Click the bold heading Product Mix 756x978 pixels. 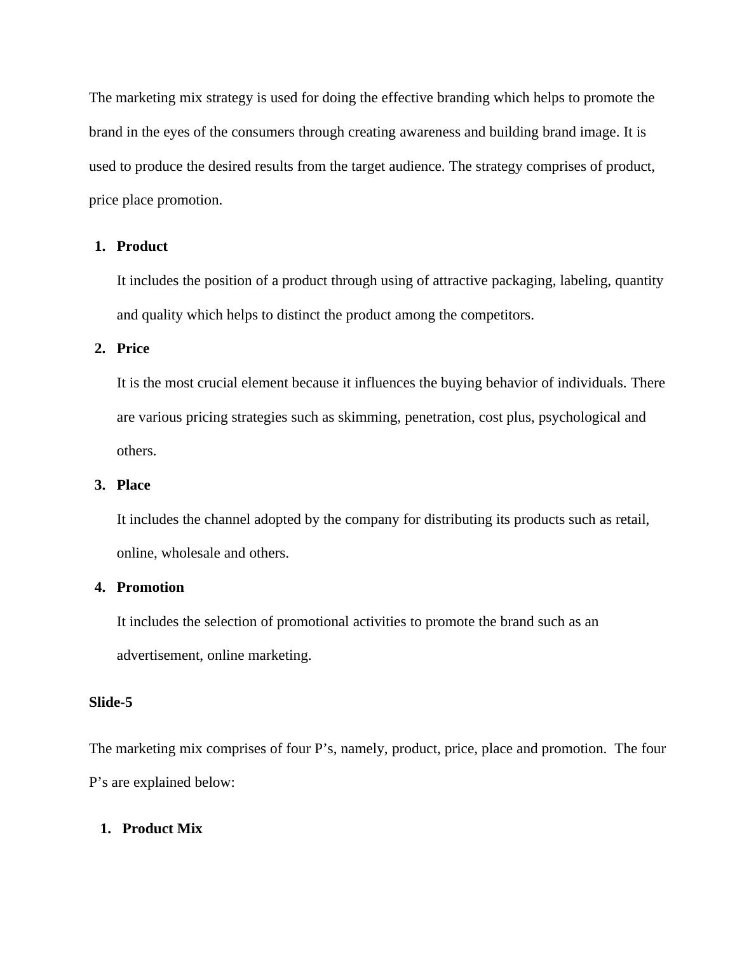(162, 829)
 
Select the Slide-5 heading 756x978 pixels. (111, 702)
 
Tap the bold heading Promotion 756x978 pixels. (150, 587)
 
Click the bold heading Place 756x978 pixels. (133, 485)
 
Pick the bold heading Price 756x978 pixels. (133, 349)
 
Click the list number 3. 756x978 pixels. (99, 485)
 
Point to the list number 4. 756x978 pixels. (99, 587)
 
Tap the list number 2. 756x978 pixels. (99, 349)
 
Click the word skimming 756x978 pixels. (368, 417)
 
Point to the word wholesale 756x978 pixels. (191, 553)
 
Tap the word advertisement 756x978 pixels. (159, 655)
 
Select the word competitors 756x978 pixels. (497, 315)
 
